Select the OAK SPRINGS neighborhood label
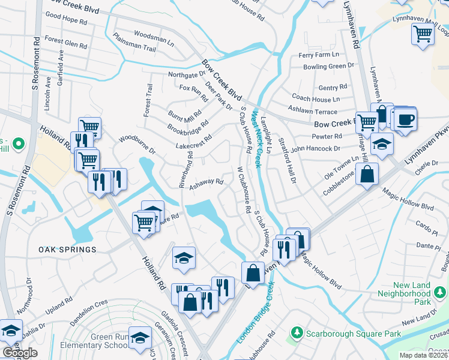point(67,249)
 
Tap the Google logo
point(20,353)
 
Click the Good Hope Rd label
point(65,16)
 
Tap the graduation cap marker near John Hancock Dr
point(382,144)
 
